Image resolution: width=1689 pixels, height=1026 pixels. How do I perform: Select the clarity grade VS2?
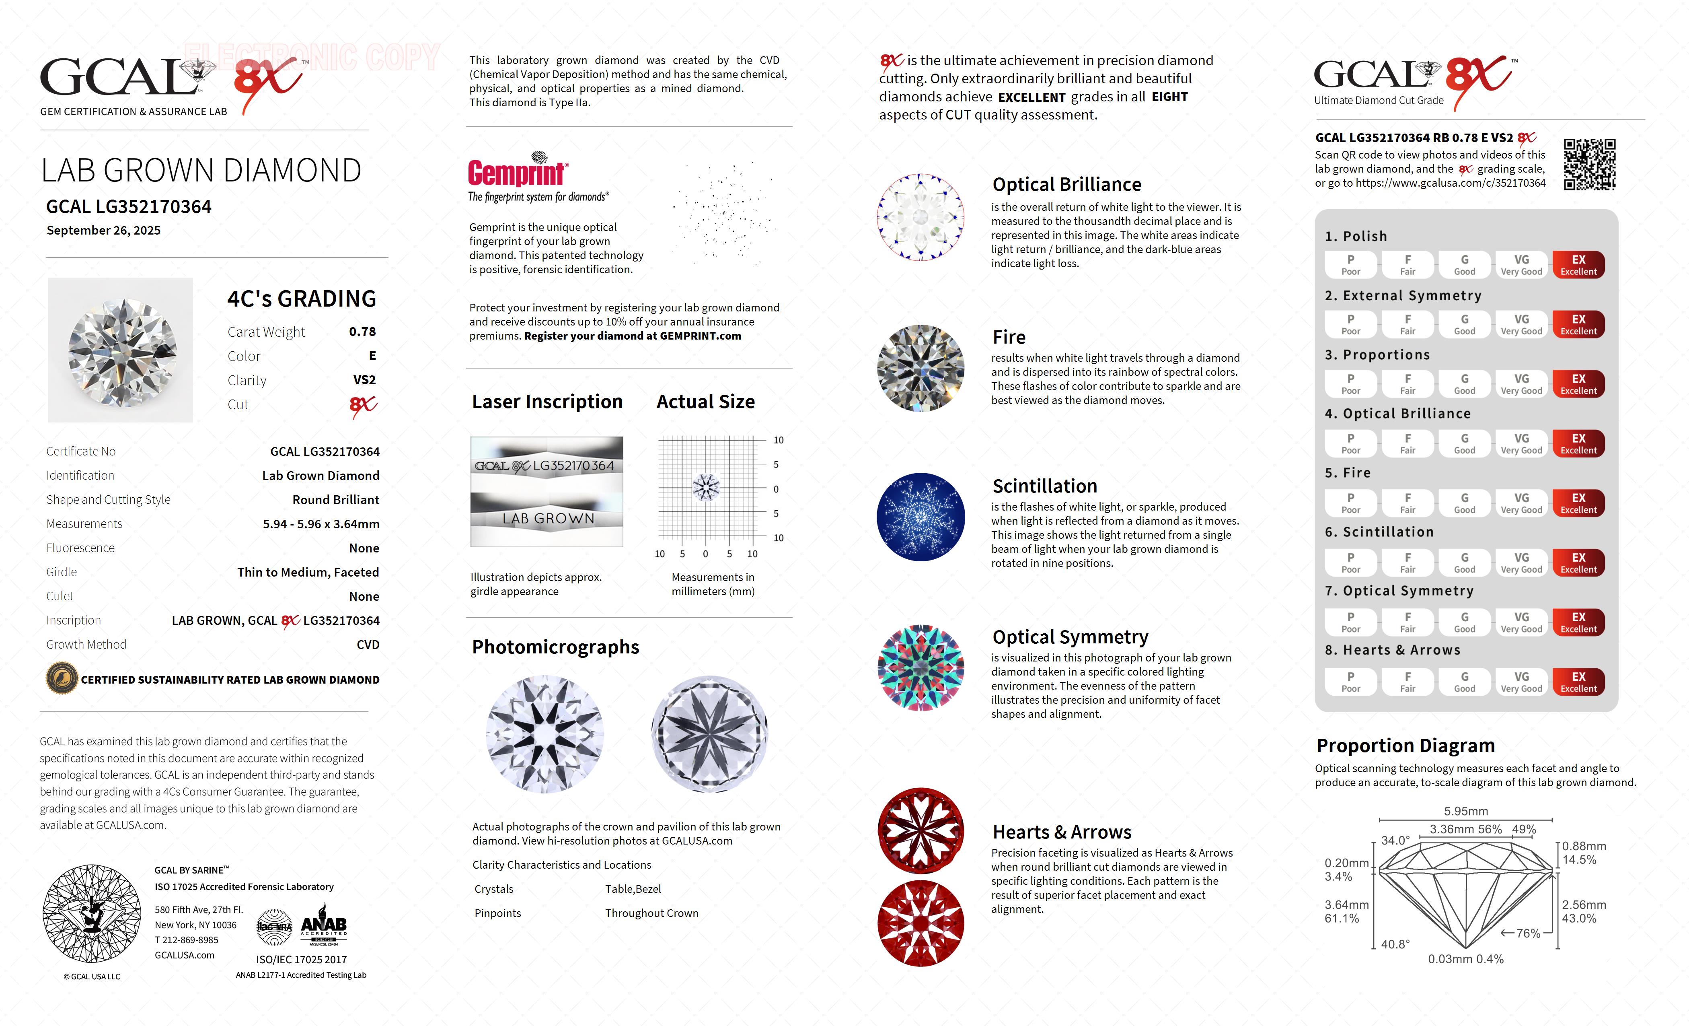[364, 380]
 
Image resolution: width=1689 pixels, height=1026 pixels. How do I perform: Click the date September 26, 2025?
[103, 231]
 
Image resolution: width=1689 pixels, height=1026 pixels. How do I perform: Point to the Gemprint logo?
[518, 171]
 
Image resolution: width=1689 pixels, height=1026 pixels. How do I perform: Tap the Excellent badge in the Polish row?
[1578, 265]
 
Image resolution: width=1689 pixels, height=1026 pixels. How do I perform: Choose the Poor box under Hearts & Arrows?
[1350, 682]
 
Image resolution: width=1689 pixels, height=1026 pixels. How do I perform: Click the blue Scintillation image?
[921, 517]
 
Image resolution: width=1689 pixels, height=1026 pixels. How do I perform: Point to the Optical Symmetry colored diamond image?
[921, 668]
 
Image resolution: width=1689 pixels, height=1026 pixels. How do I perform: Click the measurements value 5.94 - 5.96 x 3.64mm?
[321, 524]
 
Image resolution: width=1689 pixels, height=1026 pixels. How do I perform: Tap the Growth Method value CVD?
[368, 645]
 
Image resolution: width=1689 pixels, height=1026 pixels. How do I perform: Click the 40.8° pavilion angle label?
[1395, 944]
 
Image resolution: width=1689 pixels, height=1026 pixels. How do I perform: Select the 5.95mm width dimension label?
[1465, 811]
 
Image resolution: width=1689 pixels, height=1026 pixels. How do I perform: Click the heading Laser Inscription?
[547, 402]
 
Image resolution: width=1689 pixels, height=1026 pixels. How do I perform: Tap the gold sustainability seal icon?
[61, 679]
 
